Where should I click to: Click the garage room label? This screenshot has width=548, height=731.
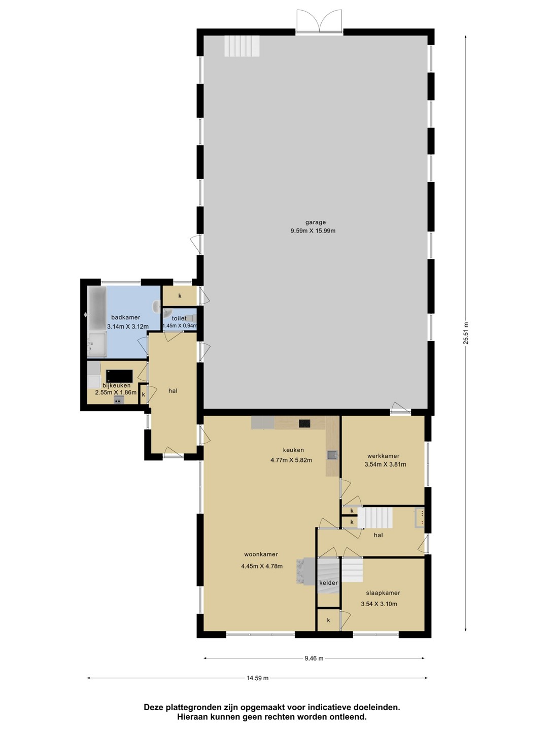tap(316, 222)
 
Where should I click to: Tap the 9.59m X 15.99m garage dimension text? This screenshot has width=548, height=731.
tap(313, 230)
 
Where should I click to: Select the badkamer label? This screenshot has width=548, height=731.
tap(125, 317)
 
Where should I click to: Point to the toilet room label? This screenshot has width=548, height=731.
tap(179, 318)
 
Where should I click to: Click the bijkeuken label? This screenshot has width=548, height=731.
tap(117, 386)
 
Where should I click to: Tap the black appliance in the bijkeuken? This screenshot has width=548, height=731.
tap(119, 376)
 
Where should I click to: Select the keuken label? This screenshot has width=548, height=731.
tap(293, 450)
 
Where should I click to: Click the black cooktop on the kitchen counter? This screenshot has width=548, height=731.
tap(304, 423)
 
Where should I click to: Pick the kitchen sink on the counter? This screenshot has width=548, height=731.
tap(332, 454)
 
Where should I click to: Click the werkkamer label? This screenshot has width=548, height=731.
tap(383, 456)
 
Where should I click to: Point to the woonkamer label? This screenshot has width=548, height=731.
tap(261, 554)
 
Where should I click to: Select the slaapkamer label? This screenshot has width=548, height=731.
tap(383, 593)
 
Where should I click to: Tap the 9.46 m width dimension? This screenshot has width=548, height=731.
tap(314, 658)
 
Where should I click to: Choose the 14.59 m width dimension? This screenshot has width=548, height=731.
tap(257, 678)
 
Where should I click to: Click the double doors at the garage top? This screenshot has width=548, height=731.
tap(320, 21)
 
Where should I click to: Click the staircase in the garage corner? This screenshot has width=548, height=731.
tap(242, 46)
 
